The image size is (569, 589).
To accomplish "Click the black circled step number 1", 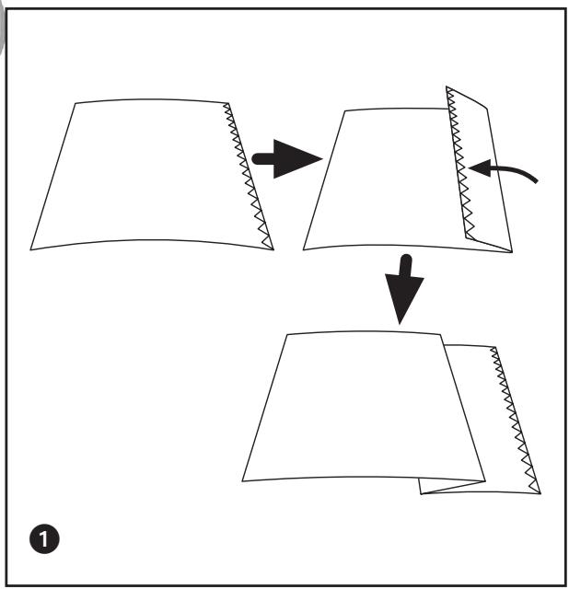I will click(x=46, y=536).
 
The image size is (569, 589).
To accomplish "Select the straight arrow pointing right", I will click(x=286, y=159).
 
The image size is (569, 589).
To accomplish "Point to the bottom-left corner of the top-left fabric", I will click(x=31, y=249).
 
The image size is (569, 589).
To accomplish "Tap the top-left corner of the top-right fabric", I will click(x=343, y=110).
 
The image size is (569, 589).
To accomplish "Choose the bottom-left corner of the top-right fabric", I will click(x=303, y=249).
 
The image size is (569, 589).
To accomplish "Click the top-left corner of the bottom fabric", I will click(x=288, y=334).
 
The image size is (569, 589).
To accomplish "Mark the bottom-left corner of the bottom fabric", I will click(x=243, y=480).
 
